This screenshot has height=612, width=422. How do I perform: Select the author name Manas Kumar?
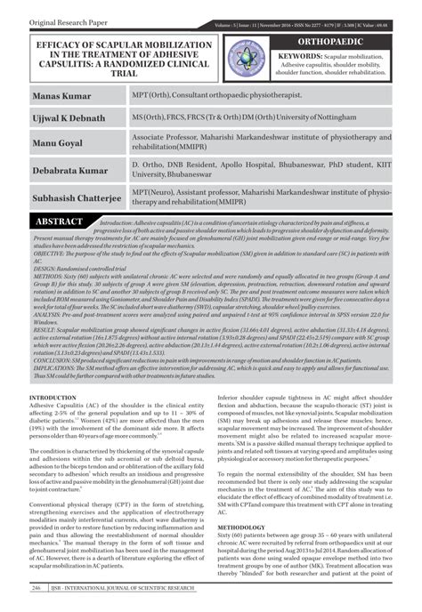(x=65, y=93)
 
